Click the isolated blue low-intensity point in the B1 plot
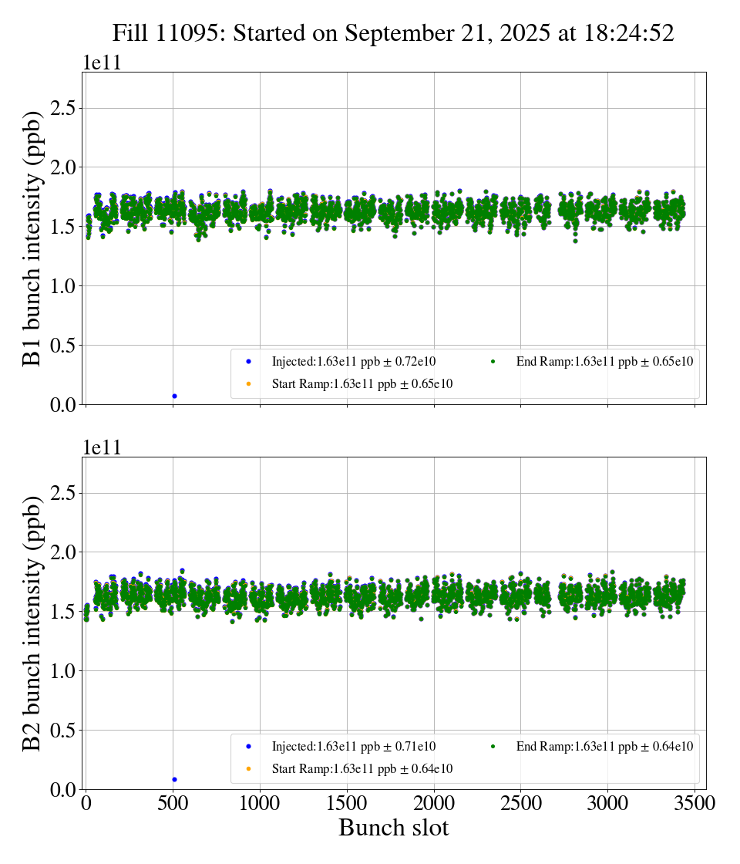coord(174,396)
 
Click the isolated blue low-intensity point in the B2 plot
coord(174,779)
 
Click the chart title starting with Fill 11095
coord(393,33)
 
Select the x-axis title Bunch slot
coord(393,829)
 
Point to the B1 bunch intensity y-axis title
coord(32,238)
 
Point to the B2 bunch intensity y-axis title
coord(32,623)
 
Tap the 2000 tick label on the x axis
coord(434,804)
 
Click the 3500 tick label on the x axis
coord(695,804)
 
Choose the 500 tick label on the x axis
coord(173,804)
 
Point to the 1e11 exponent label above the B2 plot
coord(102,448)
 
